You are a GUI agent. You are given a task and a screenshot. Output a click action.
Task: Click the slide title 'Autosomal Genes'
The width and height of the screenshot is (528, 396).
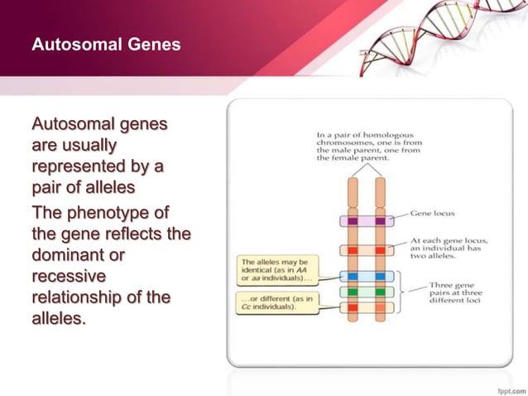pos(105,44)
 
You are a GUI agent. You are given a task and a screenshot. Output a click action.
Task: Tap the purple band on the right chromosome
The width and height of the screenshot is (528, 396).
pos(380,221)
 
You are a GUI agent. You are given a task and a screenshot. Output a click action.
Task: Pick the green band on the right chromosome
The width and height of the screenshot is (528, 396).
pos(380,292)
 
